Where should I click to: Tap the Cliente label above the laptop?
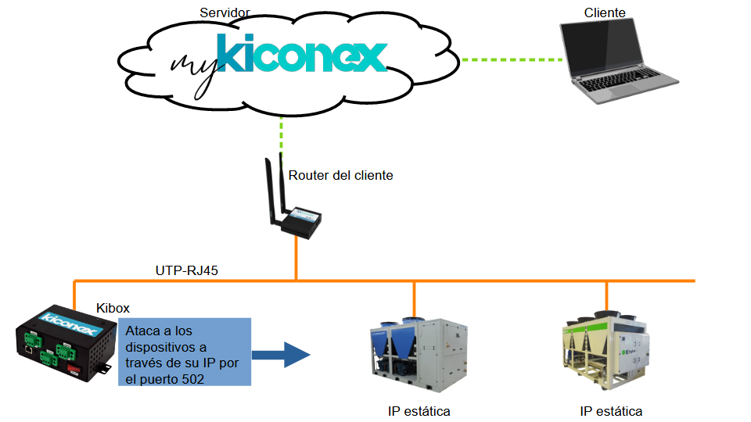[605, 13]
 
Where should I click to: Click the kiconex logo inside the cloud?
[302, 54]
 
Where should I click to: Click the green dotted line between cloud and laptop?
[512, 59]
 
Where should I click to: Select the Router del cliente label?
[340, 175]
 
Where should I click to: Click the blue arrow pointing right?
[282, 355]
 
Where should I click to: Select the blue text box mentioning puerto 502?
[185, 351]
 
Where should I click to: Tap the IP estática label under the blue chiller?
[419, 411]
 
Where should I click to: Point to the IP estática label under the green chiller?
[611, 411]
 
